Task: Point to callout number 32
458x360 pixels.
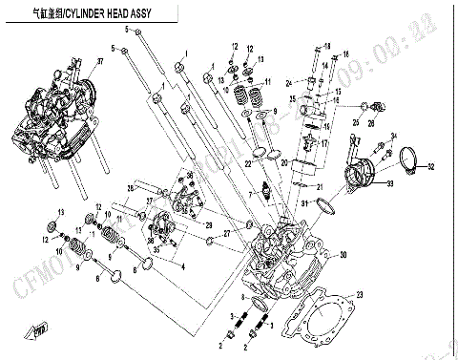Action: pos(430,167)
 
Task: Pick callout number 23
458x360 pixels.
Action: pos(359,294)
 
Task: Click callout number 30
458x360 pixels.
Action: pos(344,254)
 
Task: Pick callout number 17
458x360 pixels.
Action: pos(323,143)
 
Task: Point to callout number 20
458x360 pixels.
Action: pos(283,163)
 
